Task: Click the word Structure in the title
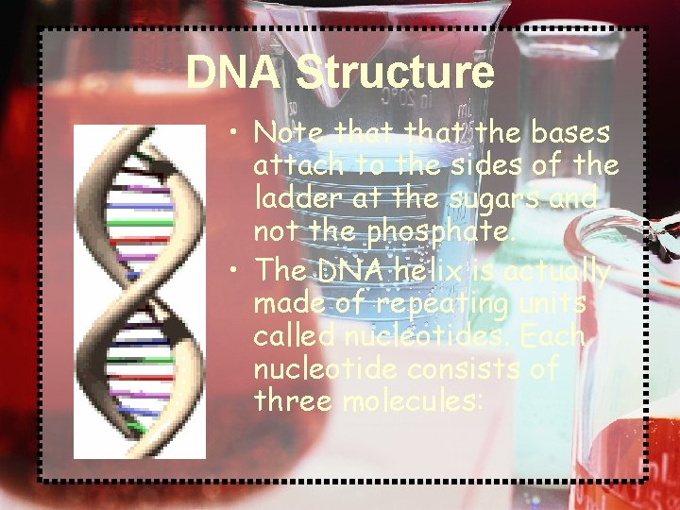pyautogui.click(x=395, y=72)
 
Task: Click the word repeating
pyautogui.click(x=443, y=303)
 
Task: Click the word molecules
pyautogui.click(x=413, y=402)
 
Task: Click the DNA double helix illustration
pyautogui.click(x=140, y=293)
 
